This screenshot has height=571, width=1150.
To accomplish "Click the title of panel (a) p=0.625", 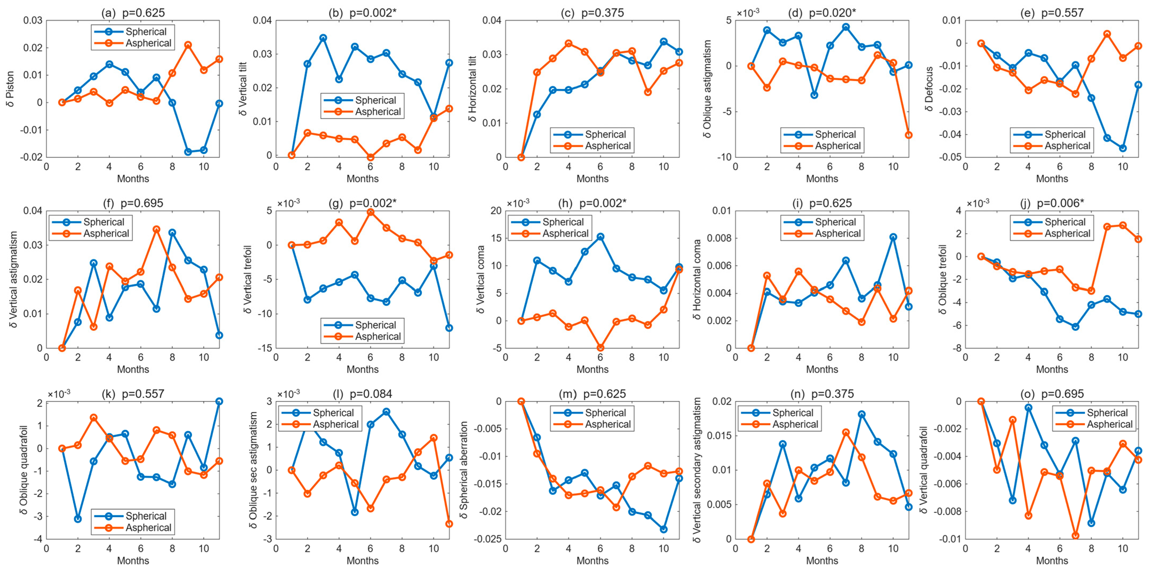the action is (x=133, y=13).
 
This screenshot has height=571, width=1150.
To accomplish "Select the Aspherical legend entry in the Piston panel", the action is (x=133, y=43).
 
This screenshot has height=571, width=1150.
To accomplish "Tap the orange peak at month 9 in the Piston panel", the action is (x=188, y=45).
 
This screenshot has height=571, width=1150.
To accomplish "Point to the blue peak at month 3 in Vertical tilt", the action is (x=323, y=38).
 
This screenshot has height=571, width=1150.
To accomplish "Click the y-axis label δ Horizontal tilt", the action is (x=472, y=89).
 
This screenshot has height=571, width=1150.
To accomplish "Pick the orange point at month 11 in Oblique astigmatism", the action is (x=908, y=135).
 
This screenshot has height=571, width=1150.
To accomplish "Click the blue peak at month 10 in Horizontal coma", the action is (x=893, y=237).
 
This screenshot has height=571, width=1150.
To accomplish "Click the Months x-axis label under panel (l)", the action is (x=363, y=561).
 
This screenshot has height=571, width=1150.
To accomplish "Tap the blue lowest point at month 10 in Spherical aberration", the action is (x=663, y=529).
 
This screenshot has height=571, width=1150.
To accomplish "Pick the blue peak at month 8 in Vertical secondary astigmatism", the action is (x=862, y=414).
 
